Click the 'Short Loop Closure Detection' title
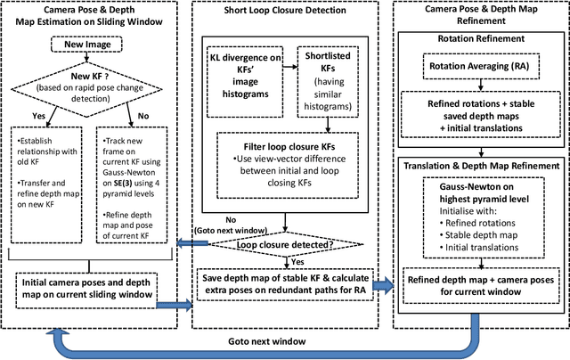pyautogui.click(x=284, y=12)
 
